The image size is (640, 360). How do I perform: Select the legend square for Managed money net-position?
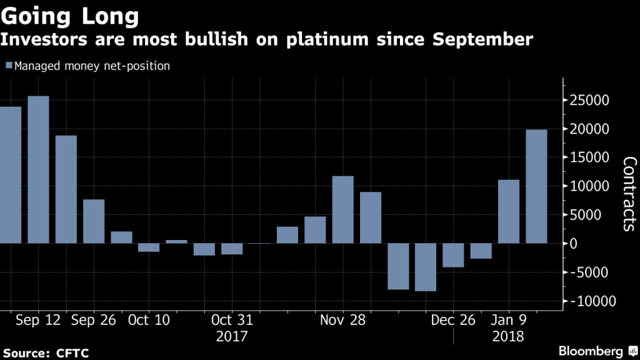tap(8, 66)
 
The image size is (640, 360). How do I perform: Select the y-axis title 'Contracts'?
tap(628, 194)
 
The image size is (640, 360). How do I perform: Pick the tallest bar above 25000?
tap(38, 169)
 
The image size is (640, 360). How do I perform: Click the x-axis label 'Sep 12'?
tap(38, 320)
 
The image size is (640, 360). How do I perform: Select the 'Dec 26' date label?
tap(453, 320)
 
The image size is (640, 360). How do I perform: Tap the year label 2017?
tap(232, 336)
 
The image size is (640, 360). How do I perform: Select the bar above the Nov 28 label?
tap(342, 209)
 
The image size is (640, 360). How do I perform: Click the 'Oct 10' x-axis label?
tap(148, 320)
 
